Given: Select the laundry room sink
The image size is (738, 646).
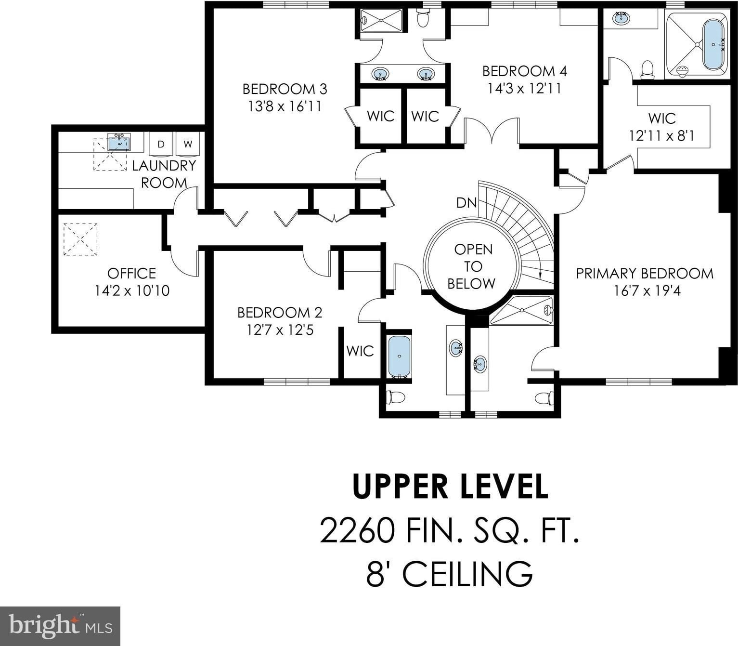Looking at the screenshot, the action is [119, 142].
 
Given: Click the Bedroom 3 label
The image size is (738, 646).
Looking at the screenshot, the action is [285, 89].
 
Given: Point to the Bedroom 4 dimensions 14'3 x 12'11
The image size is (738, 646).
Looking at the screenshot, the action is [525, 88].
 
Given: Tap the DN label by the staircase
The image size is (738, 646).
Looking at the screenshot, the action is [466, 203].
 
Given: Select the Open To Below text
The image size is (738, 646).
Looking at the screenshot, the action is [472, 266].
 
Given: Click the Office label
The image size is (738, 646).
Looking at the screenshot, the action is [131, 273].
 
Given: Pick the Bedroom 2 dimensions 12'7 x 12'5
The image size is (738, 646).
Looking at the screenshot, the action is [280, 330].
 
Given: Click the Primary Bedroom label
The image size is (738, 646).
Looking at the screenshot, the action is [645, 273].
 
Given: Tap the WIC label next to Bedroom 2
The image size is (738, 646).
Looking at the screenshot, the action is [360, 351].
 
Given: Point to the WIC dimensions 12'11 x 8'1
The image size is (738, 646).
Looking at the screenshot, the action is [662, 136].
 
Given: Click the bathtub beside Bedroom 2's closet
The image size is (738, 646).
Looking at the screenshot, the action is [399, 356].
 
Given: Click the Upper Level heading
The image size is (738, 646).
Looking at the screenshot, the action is [450, 487].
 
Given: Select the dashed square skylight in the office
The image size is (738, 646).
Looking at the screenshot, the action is [80, 239].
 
